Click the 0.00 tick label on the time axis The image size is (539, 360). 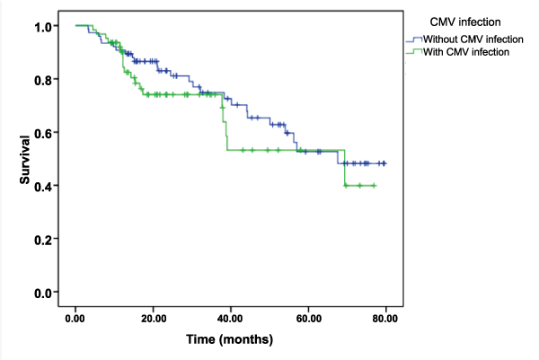click(75, 318)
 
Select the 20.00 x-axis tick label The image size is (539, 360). click(153, 318)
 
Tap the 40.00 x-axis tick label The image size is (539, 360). click(231, 318)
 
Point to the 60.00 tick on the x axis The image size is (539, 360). click(308, 318)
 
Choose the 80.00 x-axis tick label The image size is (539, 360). click(386, 318)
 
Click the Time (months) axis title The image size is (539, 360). click(229, 340)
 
